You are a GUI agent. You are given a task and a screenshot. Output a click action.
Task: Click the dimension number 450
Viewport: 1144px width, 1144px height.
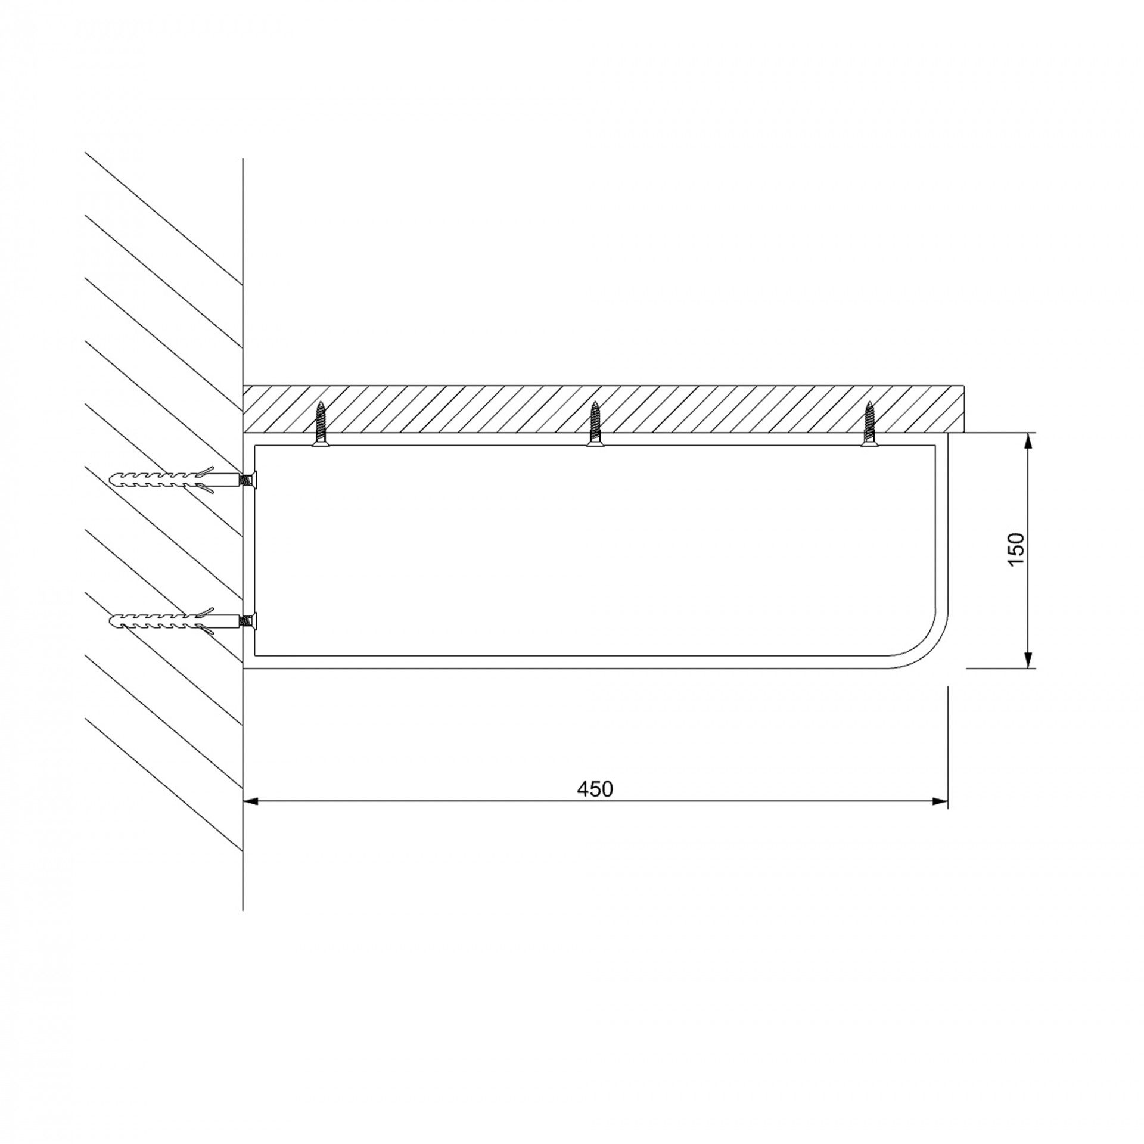tap(595, 789)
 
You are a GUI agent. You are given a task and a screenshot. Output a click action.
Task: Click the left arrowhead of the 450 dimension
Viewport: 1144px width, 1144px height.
tap(251, 802)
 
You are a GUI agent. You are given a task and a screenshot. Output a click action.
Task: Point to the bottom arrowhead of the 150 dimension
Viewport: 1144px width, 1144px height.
tap(1028, 660)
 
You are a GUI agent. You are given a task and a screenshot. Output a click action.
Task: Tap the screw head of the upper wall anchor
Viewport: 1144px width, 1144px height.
tap(250, 479)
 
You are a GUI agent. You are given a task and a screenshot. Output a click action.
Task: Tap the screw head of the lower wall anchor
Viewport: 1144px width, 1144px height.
tap(250, 620)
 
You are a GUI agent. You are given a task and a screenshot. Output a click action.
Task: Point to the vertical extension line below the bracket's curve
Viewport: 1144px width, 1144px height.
tap(947, 745)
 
